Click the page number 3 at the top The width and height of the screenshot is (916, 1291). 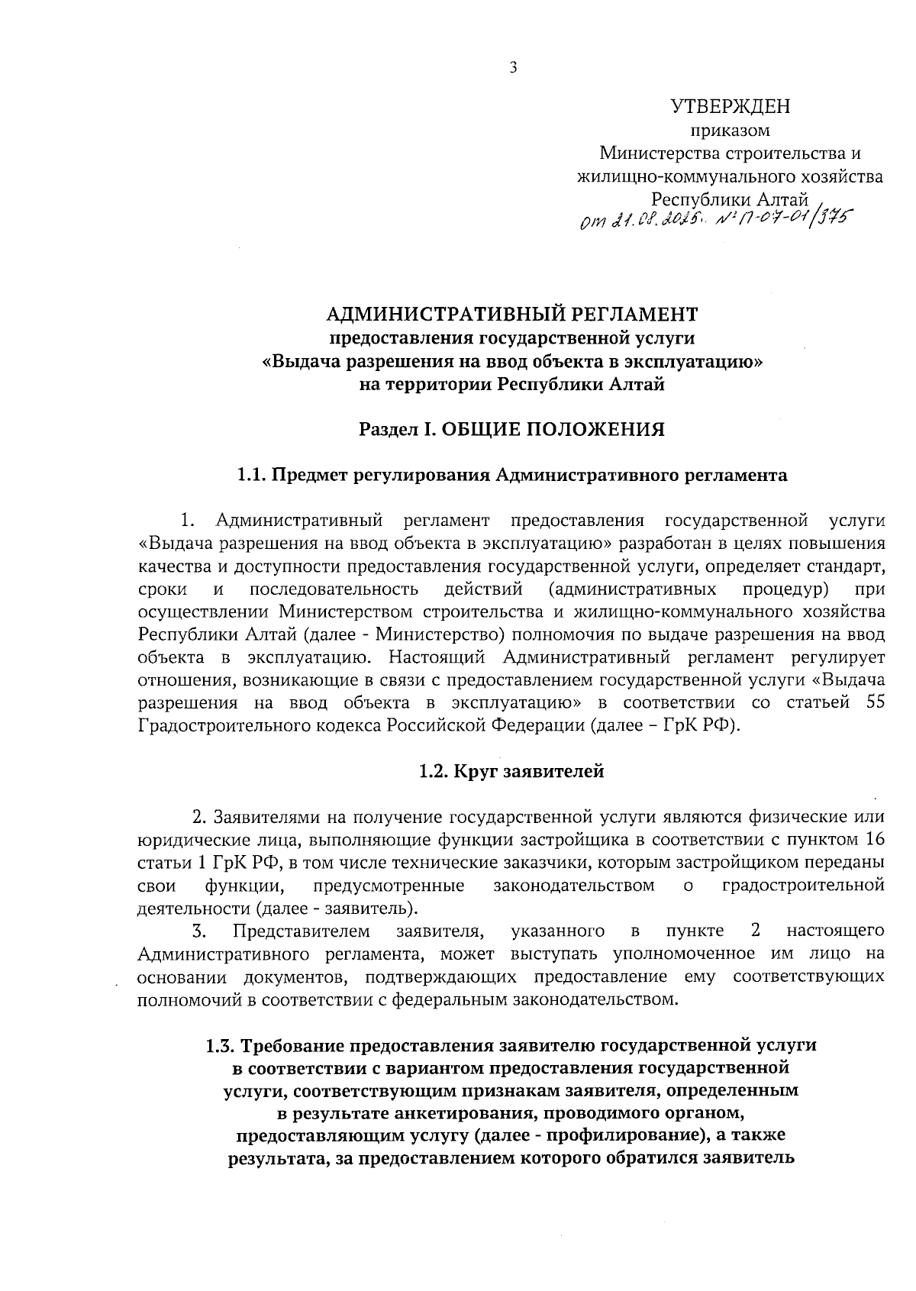pos(513,69)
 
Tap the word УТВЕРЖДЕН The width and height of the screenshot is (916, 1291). pos(730,106)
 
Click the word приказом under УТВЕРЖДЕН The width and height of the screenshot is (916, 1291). pos(730,131)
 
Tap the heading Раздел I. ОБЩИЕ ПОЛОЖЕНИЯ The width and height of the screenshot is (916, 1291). pos(512,430)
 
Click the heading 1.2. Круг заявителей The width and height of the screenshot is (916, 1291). pos(511,772)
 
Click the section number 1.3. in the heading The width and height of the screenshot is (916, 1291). pos(222,1044)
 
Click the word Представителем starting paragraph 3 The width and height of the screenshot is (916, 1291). pos(302,931)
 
